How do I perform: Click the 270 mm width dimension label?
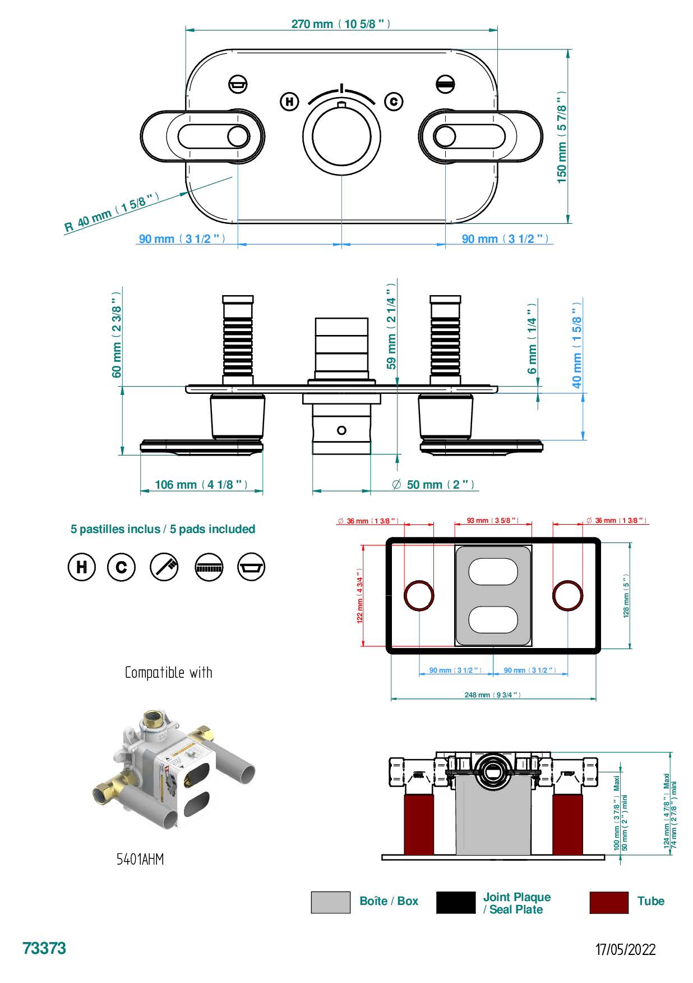tap(340, 24)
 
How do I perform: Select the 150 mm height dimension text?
tap(562, 136)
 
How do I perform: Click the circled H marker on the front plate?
tap(289, 102)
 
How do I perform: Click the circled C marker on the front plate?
tap(394, 102)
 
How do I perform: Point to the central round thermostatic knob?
tap(341, 138)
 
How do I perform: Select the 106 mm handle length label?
tap(201, 484)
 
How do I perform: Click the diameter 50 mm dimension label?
tap(433, 484)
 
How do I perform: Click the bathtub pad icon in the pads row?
tap(251, 567)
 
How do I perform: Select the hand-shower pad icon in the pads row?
tap(164, 567)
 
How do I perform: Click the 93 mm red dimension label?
tap(492, 521)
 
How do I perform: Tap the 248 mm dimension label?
tap(492, 695)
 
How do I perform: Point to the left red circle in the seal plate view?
tap(419, 595)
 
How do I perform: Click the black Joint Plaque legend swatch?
tap(455, 902)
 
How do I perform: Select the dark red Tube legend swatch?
tap(609, 902)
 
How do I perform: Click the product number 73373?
tap(44, 948)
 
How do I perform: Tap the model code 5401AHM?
tap(140, 859)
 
